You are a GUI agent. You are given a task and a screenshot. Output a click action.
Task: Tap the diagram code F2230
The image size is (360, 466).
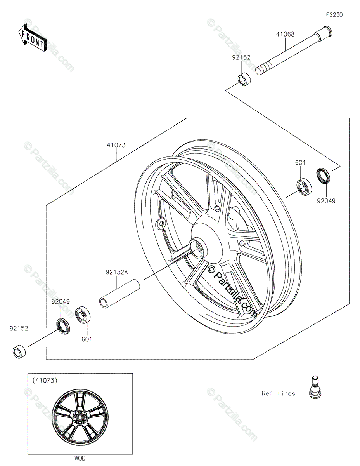tap(334, 15)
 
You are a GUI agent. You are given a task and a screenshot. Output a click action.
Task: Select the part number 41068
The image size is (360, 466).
tap(285, 34)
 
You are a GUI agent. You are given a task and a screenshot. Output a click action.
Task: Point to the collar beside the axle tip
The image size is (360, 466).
tap(244, 79)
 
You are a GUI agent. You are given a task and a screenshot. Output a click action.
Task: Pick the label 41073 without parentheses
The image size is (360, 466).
tap(116, 145)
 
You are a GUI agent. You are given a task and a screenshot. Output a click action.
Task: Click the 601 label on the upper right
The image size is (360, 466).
tap(300, 163)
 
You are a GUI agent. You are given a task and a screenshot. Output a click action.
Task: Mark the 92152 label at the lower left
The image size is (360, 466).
tap(19, 328)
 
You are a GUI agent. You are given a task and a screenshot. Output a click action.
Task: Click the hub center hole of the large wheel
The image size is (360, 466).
tap(197, 249)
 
